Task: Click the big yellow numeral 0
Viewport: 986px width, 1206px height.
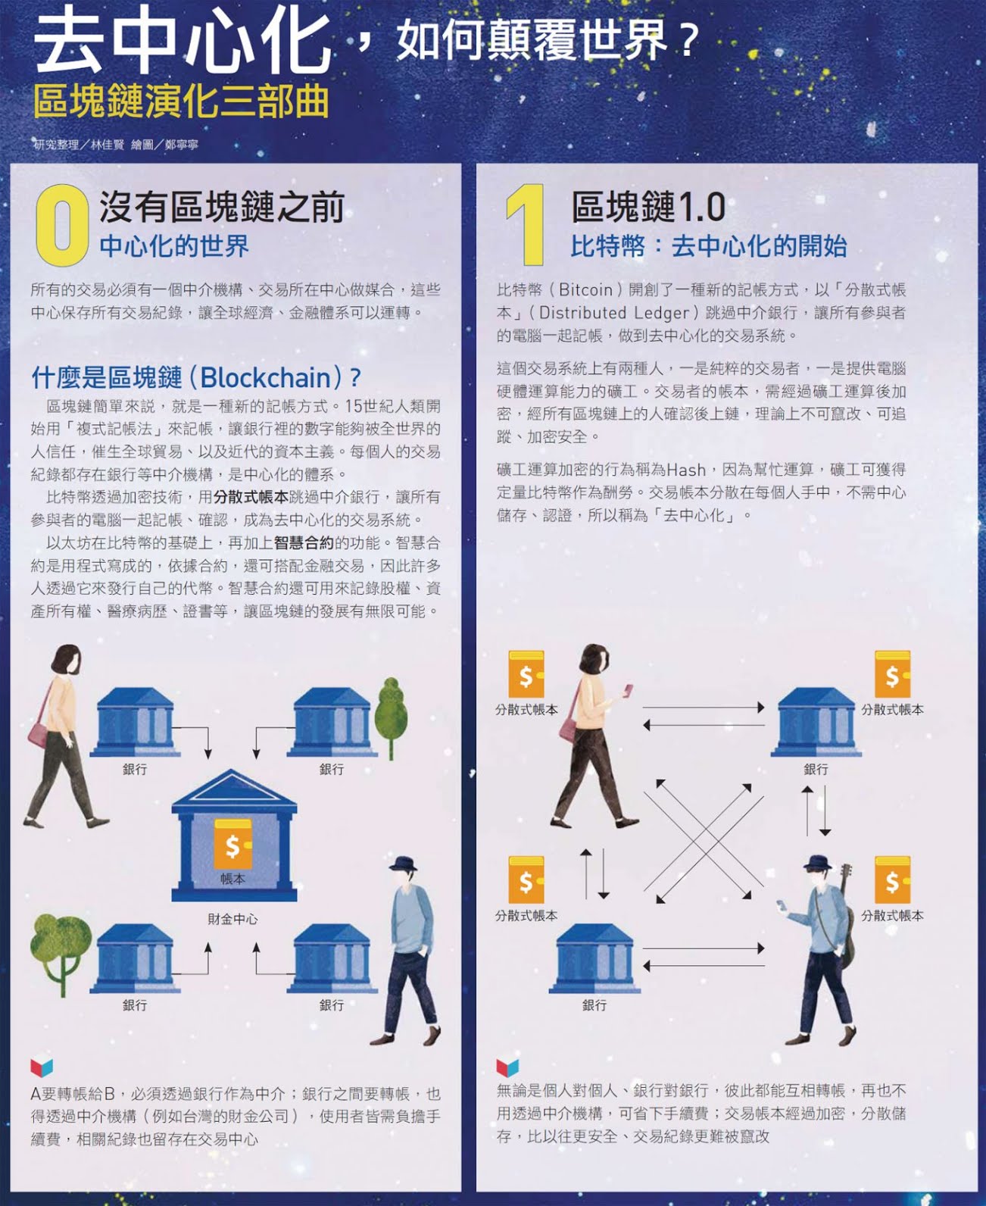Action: [x=62, y=225]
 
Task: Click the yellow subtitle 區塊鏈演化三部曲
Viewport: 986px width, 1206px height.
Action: [x=181, y=102]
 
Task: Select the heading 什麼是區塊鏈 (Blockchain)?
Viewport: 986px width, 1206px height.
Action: [x=196, y=377]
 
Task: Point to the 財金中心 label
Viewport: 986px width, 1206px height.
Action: [x=232, y=919]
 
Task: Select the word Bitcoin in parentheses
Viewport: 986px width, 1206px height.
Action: [x=586, y=290]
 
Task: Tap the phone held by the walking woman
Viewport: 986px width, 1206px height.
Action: [x=629, y=689]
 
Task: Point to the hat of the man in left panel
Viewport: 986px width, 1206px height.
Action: [x=404, y=863]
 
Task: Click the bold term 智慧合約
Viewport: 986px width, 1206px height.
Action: [x=304, y=542]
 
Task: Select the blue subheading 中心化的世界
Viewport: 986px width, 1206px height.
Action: [x=174, y=246]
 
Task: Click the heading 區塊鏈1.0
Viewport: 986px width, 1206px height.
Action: [x=648, y=207]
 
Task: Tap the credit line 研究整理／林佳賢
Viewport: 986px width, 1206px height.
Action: [x=79, y=145]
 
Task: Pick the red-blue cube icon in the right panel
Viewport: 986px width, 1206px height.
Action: [x=507, y=1067]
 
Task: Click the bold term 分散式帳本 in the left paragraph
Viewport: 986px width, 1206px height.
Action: [x=251, y=497]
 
